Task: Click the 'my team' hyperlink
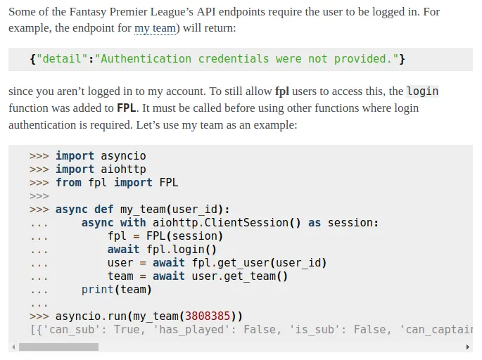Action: pyautogui.click(x=155, y=28)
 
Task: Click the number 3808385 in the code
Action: pyautogui.click(x=208, y=316)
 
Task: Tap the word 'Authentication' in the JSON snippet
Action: pyautogui.click(x=146, y=58)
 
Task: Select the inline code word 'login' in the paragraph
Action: pyautogui.click(x=423, y=91)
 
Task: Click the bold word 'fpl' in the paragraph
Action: pyautogui.click(x=282, y=91)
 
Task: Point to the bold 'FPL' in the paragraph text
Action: pyautogui.click(x=127, y=108)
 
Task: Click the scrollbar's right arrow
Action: pyautogui.click(x=467, y=347)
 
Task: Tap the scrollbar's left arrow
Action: pyautogui.click(x=13, y=347)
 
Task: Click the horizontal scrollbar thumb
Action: pyautogui.click(x=58, y=347)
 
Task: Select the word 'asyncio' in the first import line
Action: pyautogui.click(x=123, y=155)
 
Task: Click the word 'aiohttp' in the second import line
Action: pyautogui.click(x=123, y=169)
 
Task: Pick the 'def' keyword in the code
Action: pyautogui.click(x=104, y=210)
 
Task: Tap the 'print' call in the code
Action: pyautogui.click(x=97, y=290)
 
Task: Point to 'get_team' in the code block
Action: pyautogui.click(x=250, y=276)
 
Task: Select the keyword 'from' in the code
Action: pyautogui.click(x=68, y=182)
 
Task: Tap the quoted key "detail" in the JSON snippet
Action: pyautogui.click(x=62, y=58)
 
